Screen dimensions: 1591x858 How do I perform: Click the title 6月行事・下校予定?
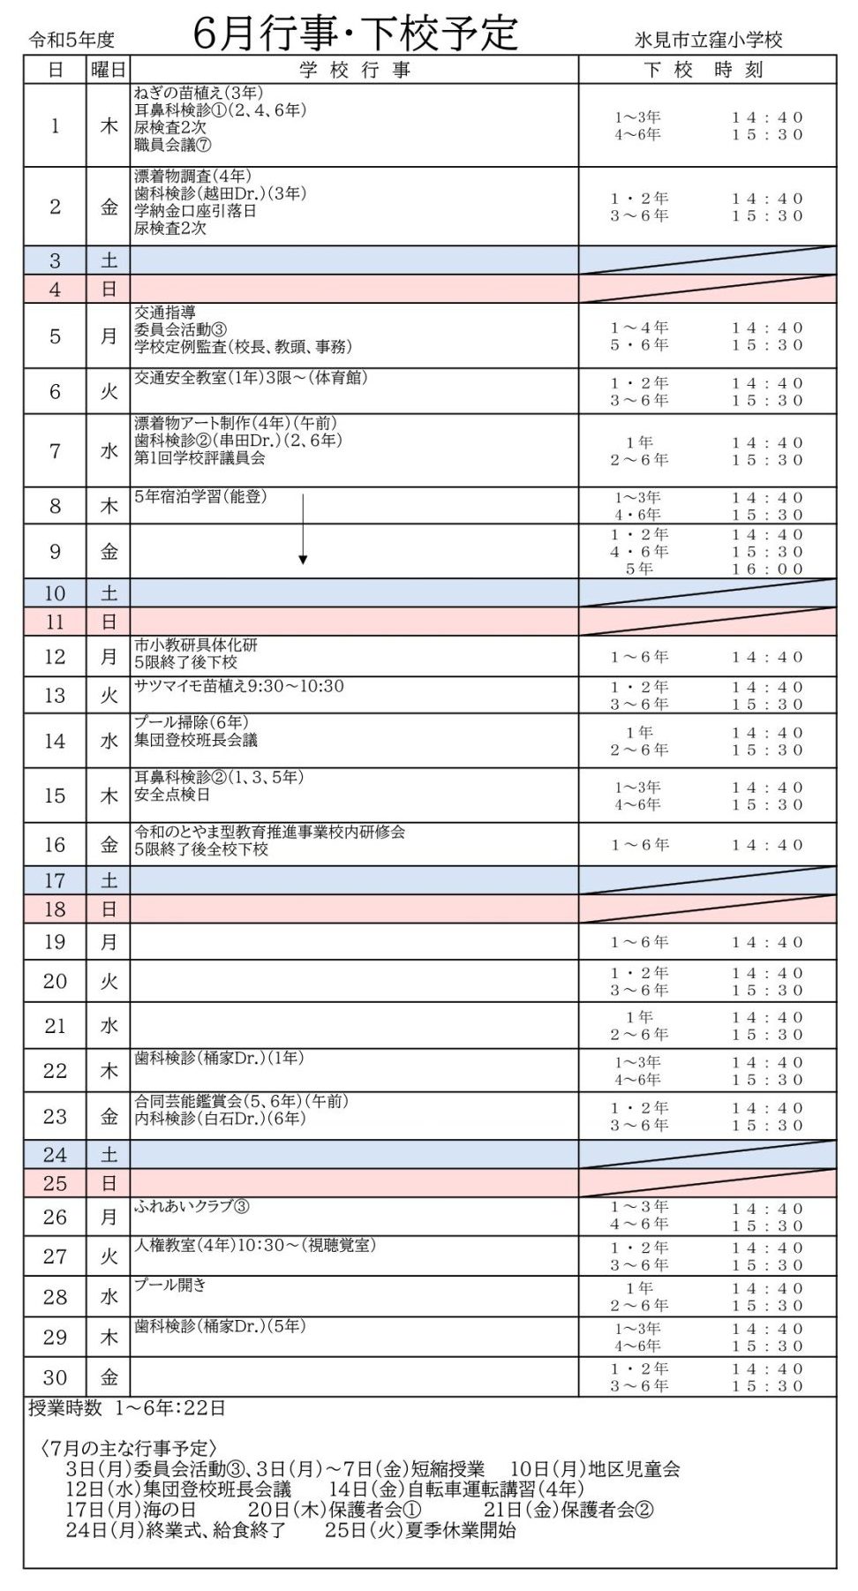pos(355,34)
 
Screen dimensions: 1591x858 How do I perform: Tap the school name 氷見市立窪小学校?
pos(709,40)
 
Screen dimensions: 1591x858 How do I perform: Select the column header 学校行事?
pos(355,70)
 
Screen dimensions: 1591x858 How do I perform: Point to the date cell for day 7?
pos(55,451)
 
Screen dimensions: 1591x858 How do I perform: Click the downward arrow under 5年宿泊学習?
pos(303,530)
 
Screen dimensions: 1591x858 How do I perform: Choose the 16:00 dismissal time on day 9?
pos(767,569)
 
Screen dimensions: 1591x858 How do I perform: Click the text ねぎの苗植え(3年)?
pos(199,93)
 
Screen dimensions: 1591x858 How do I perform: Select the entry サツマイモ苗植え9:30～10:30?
pos(239,686)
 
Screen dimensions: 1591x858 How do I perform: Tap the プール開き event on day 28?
pos(170,1285)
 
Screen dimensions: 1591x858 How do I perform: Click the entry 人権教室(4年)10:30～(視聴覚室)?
pos(255,1245)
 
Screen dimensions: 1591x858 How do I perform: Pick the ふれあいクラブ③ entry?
pos(192,1206)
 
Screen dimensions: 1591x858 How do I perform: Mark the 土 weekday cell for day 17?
pos(108,880)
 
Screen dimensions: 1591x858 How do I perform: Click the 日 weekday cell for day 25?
pos(108,1183)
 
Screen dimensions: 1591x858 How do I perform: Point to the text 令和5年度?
pos(71,40)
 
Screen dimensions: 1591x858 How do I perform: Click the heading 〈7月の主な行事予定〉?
pos(128,1449)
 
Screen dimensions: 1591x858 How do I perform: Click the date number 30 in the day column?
pos(55,1376)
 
